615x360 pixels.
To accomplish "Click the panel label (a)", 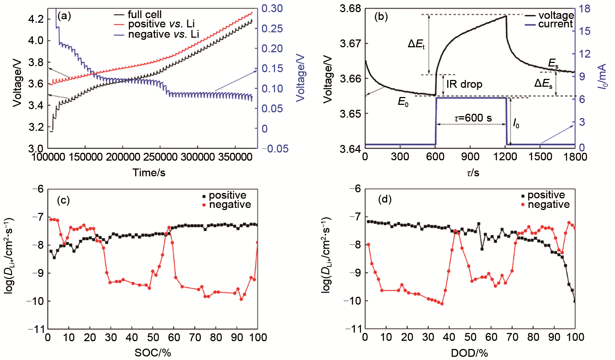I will (64, 16).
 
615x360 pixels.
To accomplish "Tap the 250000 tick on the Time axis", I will (160, 157).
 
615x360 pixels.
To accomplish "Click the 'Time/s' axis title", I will (149, 173).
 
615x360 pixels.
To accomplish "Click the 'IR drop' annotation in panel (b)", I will (464, 84).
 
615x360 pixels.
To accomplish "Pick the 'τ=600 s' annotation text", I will (473, 118).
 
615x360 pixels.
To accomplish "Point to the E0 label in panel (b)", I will (403, 102).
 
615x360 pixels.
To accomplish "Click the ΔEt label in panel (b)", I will (416, 44).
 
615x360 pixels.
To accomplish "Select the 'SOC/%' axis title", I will (153, 353).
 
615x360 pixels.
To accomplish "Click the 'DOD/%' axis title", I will (469, 353).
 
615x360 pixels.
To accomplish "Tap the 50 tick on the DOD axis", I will (470, 337).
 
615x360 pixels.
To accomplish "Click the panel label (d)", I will (385, 199).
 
